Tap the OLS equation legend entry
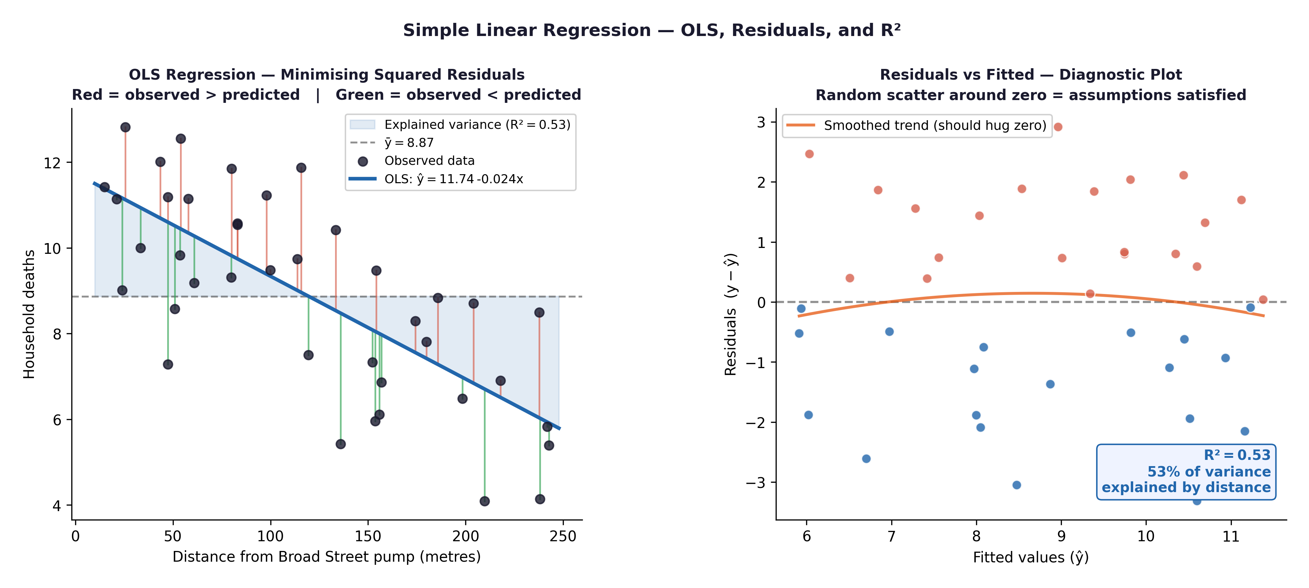point(453,179)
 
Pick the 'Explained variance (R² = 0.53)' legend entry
point(477,125)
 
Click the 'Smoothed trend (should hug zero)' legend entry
point(935,125)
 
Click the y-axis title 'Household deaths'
point(29,314)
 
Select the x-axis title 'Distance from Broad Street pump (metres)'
point(326,557)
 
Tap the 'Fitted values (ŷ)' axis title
point(1030,558)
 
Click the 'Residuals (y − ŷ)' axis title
point(731,314)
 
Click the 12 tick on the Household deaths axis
point(52,163)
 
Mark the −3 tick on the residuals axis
point(755,483)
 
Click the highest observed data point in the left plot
point(126,127)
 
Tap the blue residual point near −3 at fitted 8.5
point(1016,485)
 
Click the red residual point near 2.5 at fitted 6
point(810,154)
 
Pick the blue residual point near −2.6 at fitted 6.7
point(866,459)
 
